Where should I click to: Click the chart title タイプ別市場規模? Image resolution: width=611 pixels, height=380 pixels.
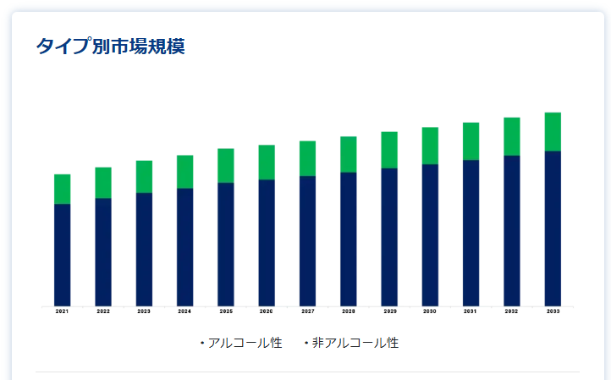(110, 46)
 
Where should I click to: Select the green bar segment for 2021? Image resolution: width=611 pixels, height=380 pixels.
(62, 189)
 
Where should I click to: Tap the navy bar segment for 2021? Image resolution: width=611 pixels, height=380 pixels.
(62, 254)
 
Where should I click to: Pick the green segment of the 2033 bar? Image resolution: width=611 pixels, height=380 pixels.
(553, 131)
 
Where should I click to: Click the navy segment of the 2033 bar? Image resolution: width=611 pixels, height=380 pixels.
(553, 228)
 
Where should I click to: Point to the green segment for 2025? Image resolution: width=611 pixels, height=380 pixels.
(225, 165)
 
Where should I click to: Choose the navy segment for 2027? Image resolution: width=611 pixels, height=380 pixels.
(307, 240)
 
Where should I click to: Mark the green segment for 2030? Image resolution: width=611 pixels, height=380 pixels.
(430, 146)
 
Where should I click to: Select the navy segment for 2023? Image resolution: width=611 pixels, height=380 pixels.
(144, 249)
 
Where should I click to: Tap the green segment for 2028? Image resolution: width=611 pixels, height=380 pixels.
(348, 154)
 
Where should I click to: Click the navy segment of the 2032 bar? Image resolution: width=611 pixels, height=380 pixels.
(511, 230)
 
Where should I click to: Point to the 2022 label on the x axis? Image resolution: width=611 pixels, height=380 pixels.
(103, 311)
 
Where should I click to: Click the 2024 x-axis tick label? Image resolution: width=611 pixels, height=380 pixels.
(184, 311)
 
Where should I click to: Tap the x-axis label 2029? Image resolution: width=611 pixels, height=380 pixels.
(389, 311)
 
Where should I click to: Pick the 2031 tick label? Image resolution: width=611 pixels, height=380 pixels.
(471, 311)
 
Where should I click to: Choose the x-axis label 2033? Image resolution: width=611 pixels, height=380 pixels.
(553, 311)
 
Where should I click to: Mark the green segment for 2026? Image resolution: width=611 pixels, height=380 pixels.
(267, 162)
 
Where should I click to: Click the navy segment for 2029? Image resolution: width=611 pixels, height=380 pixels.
(389, 236)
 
